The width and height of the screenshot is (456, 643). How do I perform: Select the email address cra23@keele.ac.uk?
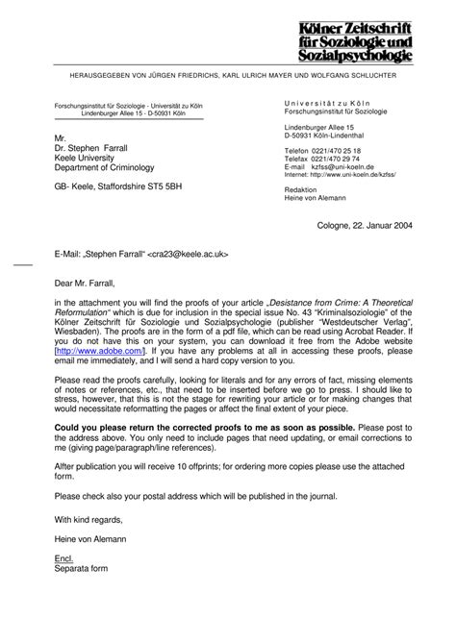187,256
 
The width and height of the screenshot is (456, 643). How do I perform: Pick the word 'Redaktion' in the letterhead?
302,191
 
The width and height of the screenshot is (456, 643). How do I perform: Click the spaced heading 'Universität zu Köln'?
327,103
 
